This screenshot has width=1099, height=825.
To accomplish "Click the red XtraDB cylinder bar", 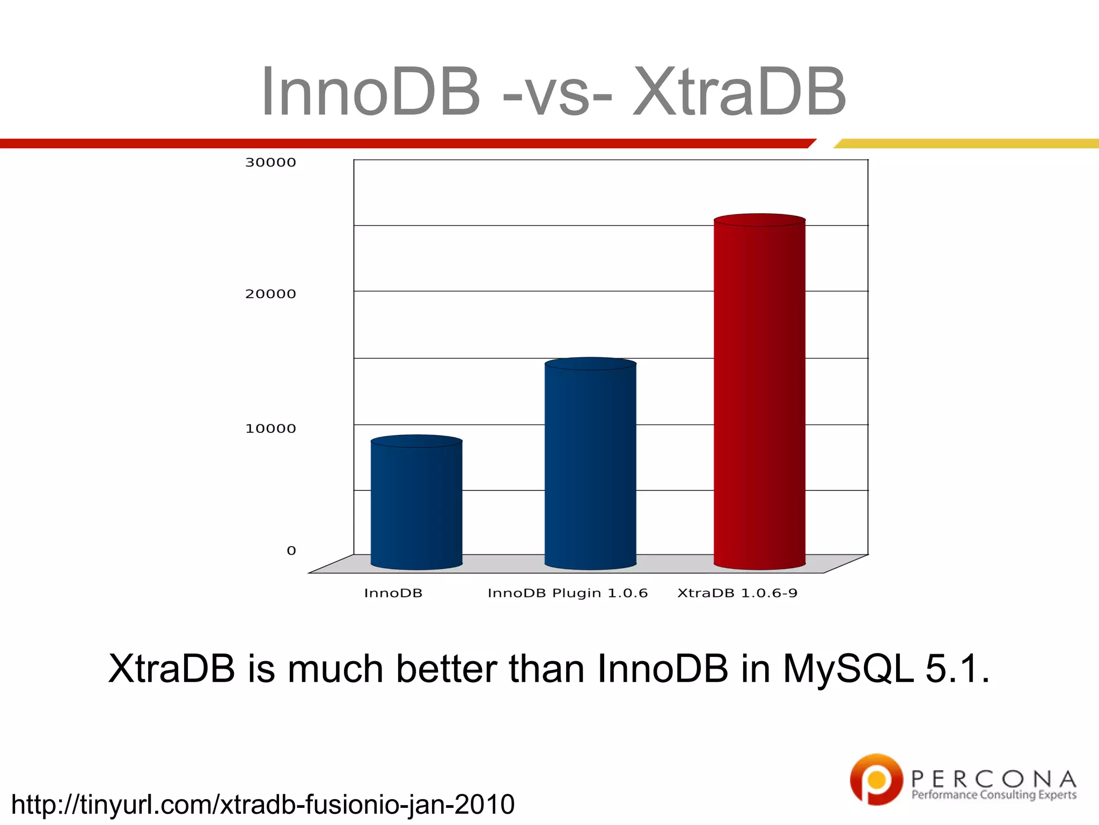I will [x=759, y=392].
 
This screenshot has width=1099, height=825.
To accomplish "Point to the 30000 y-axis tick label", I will [x=270, y=162].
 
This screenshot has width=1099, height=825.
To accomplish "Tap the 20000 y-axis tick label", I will [x=270, y=294].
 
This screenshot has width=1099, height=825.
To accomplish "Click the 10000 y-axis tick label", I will [x=270, y=428].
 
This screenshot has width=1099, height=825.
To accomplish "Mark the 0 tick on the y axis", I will [x=291, y=551].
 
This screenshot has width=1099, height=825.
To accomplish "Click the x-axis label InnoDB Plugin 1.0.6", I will [x=567, y=593].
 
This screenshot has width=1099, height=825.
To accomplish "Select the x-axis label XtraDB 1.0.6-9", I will [x=737, y=593].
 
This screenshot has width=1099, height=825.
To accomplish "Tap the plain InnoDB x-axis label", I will [x=393, y=593].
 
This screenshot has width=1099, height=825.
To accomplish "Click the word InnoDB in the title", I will [x=370, y=91].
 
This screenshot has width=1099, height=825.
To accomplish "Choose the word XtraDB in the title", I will [x=739, y=91].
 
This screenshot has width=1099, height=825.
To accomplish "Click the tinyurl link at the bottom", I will [x=262, y=804].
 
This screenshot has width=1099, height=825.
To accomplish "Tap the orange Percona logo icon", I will [x=876, y=779].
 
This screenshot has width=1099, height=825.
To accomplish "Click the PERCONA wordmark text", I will [x=993, y=779].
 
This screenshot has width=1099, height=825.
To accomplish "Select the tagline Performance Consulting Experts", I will [x=993, y=795].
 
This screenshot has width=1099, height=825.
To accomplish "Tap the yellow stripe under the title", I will [x=966, y=143].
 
